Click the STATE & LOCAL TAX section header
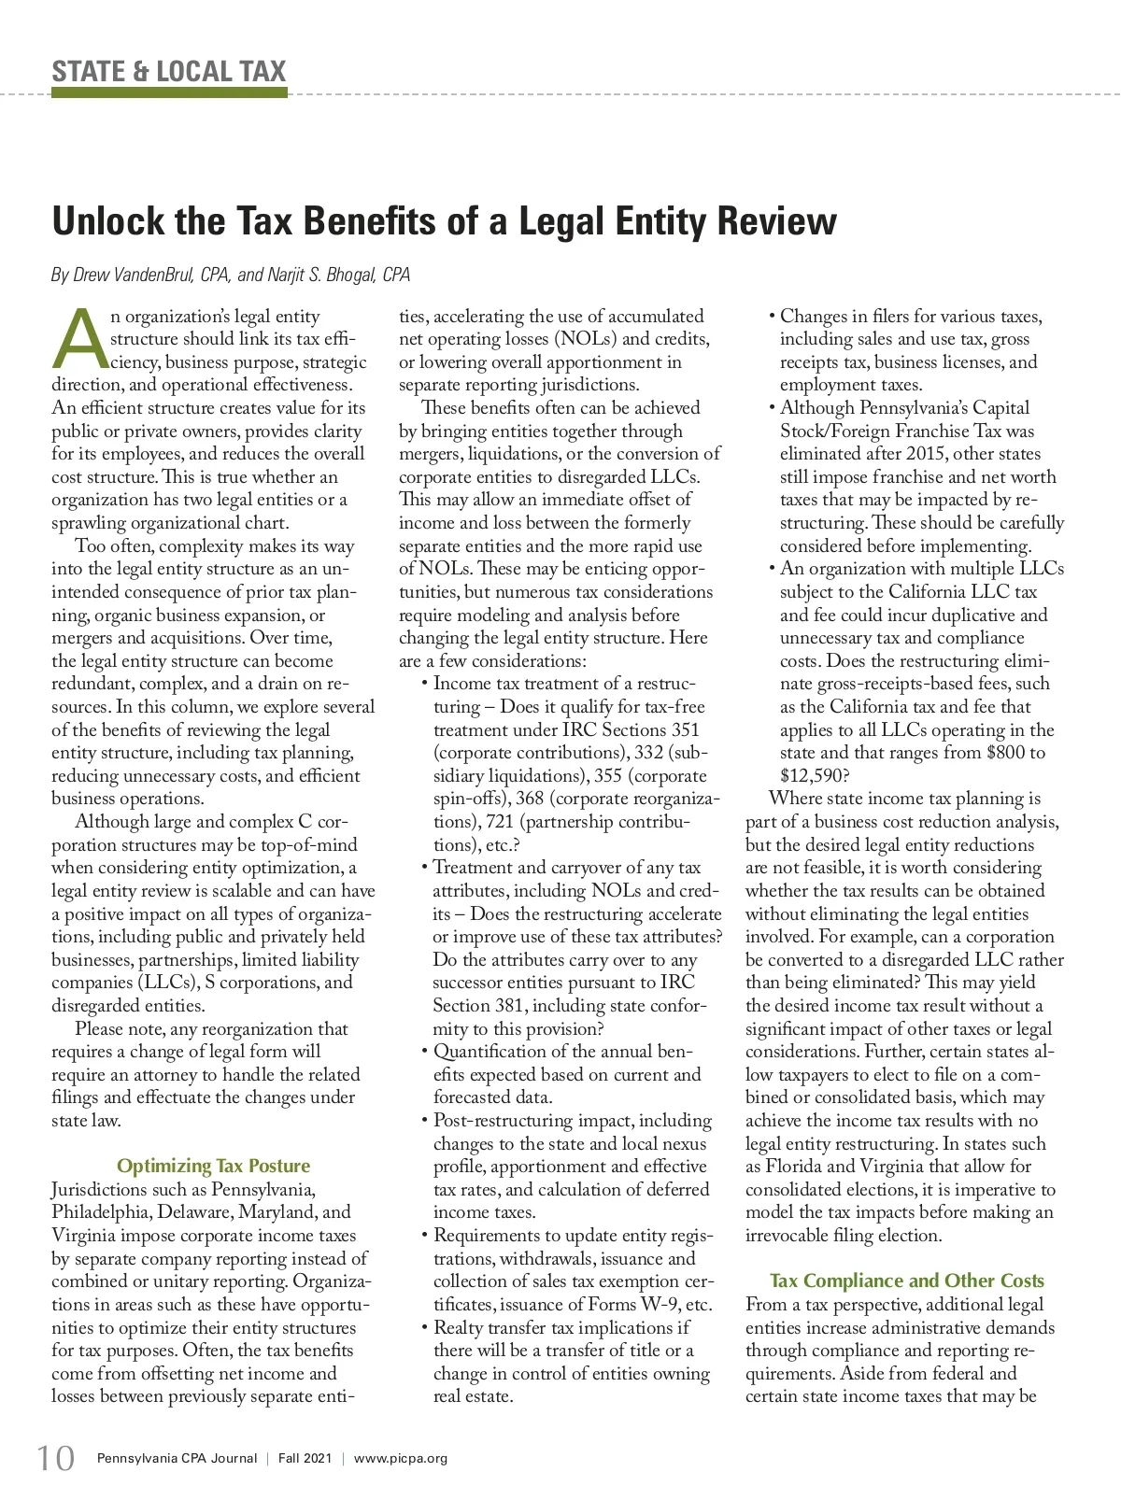click(x=169, y=71)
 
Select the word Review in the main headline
click(x=777, y=221)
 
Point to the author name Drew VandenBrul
click(x=132, y=275)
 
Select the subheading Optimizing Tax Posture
click(x=213, y=1166)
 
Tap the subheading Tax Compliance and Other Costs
click(x=907, y=1281)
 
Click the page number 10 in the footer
click(x=56, y=1458)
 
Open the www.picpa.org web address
click(x=401, y=1458)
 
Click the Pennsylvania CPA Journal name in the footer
click(x=177, y=1458)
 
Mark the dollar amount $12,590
click(x=811, y=775)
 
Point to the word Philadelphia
click(x=101, y=1212)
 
